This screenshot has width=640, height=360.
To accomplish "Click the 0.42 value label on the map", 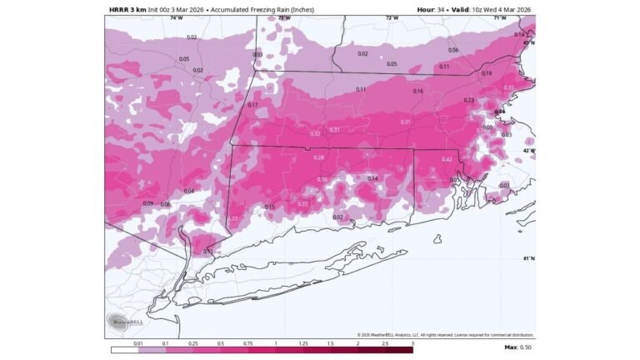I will pos(447,159).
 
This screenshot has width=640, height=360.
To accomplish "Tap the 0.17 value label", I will pos(252,105).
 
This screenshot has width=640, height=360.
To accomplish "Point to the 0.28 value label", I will pos(318,157).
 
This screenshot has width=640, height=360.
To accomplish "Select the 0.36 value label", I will pos(322,179).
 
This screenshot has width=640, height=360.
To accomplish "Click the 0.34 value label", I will pos(372,178).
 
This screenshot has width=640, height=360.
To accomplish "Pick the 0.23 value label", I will pos(468,100).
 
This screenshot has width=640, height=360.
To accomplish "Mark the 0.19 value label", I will pos(487,73).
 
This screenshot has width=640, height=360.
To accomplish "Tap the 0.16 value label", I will pos(417,91).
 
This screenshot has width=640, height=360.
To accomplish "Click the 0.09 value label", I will pos(147,203).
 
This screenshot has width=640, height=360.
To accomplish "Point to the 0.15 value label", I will pos(269,207).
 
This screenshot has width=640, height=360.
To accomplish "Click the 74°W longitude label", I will pos(176,17).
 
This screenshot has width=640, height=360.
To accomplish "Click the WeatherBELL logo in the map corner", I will pos(121,322).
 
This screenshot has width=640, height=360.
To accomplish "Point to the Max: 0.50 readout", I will pos(517,347).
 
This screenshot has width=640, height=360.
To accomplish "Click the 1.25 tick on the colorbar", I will pos(303,342).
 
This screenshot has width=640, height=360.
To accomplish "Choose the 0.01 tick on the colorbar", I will pos(139,342).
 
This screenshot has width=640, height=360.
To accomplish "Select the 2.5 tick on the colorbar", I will pos(385,342).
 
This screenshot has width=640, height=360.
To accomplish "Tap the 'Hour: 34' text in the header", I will pos(432,9).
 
